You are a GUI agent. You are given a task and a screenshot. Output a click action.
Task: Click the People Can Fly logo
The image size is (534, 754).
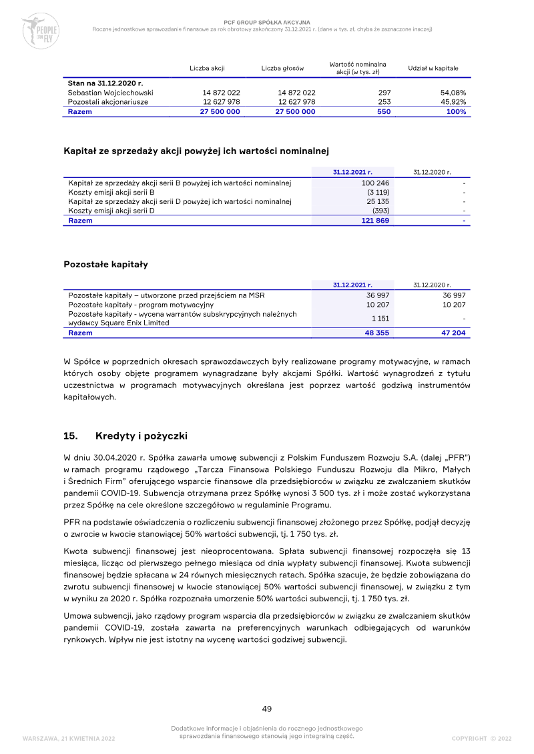41,31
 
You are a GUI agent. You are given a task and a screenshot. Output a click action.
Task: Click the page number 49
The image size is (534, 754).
266,709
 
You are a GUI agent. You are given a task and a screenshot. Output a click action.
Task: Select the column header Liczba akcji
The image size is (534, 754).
207,69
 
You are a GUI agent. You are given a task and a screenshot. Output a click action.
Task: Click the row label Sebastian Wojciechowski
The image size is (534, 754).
111,93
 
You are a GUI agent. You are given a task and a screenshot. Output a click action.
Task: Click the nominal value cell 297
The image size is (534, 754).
384,93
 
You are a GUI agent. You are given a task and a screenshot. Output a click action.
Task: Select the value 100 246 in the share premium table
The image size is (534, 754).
375,183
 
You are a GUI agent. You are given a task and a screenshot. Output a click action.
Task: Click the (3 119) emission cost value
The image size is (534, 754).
378,192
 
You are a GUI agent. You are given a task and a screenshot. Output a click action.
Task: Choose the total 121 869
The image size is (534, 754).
375,221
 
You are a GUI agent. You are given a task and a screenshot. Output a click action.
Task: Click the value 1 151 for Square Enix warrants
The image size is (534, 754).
380,318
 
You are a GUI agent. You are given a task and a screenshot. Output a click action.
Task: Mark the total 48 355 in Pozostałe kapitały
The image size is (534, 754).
377,333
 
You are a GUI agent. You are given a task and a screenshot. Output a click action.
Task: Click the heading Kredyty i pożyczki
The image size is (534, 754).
142,436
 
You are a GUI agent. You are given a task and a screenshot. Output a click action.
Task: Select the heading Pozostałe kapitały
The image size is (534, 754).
105,264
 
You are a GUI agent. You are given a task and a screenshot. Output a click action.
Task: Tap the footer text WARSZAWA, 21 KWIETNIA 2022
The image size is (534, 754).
69,739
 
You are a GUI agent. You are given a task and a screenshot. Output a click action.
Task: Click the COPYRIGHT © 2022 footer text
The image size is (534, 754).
481,739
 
